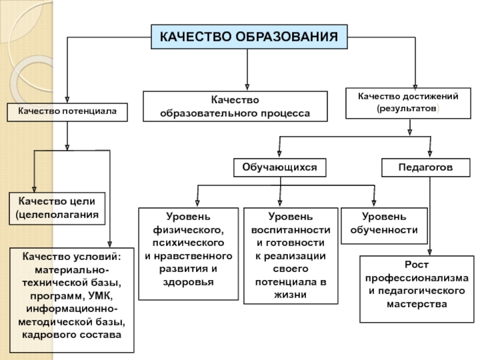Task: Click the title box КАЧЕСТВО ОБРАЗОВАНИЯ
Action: [249, 37]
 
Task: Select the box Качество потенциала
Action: [67, 112]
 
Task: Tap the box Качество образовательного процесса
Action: [235, 106]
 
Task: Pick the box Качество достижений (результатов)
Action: [408, 103]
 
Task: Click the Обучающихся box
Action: [280, 167]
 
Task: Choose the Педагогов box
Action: [426, 167]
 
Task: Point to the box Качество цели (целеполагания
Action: [57, 208]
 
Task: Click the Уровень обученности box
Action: [384, 226]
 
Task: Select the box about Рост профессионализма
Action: [417, 289]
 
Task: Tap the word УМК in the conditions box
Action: [100, 296]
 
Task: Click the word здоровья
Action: [188, 282]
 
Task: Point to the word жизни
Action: [290, 295]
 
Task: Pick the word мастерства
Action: [417, 304]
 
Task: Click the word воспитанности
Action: [291, 230]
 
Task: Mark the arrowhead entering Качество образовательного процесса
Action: [247, 87]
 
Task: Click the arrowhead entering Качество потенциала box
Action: [67, 99]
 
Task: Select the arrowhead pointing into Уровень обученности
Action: [374, 203]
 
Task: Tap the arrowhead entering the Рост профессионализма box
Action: [430, 252]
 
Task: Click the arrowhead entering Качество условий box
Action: [110, 244]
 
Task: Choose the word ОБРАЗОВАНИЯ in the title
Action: [287, 37]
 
